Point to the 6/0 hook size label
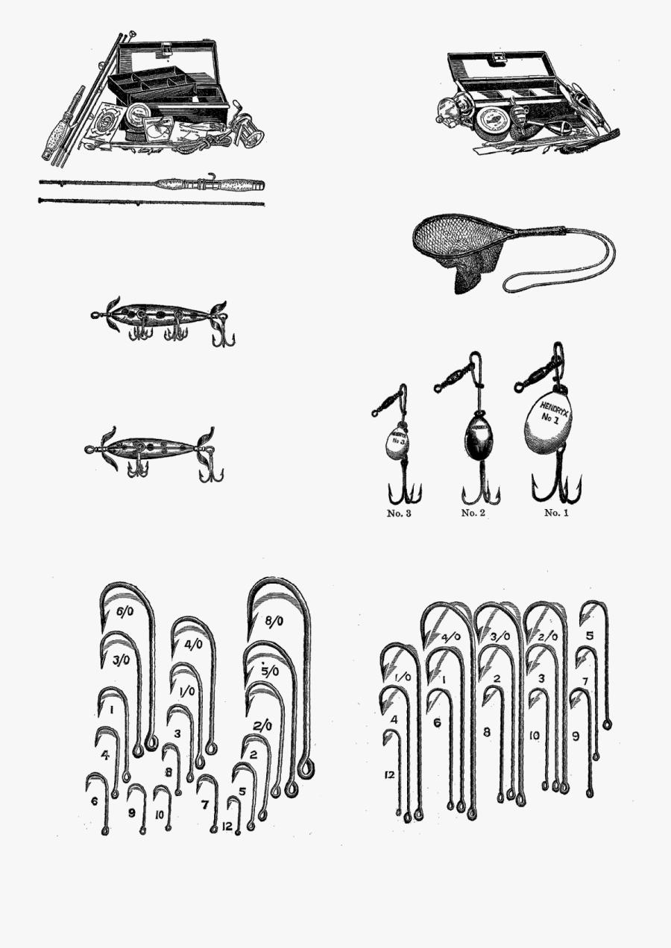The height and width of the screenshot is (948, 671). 125,612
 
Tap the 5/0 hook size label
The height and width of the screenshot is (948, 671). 270,671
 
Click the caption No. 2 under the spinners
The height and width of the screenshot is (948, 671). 473,513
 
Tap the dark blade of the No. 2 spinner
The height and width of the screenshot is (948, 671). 477,436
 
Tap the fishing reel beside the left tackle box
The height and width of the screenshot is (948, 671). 248,131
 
